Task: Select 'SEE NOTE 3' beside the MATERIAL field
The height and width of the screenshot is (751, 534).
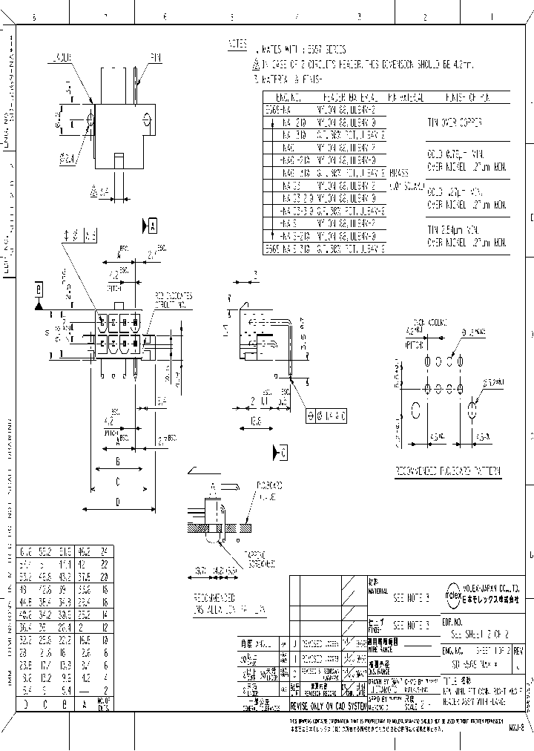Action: coord(411,596)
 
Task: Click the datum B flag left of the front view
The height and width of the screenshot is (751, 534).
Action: coord(39,288)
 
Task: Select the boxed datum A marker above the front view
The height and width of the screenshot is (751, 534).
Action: coord(151,223)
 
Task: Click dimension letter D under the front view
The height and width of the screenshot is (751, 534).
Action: coord(119,502)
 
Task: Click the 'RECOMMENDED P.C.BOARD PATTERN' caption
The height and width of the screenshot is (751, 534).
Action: coord(447,471)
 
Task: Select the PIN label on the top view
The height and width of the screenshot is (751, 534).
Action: coord(156,56)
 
